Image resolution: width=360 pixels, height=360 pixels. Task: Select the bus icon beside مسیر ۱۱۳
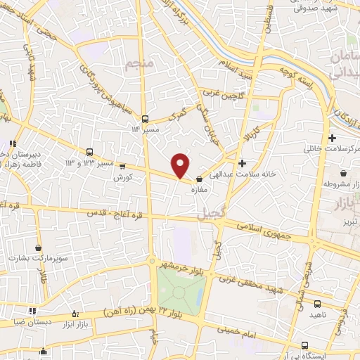click(145, 118)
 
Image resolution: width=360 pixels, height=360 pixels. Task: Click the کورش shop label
click(124, 178)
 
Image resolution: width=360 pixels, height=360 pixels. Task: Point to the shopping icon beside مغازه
click(200, 179)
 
